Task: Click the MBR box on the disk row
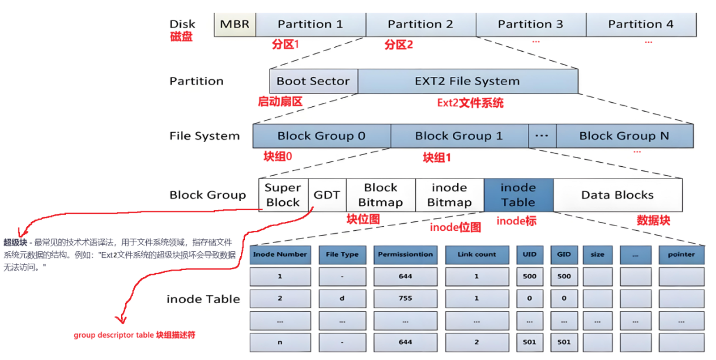point(235,25)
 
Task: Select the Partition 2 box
point(421,25)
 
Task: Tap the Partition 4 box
point(641,25)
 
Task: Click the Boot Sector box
point(313,82)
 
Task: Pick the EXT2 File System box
point(468,82)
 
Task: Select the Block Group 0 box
point(321,136)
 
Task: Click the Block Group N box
point(624,136)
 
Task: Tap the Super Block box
point(283,195)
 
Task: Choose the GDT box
point(327,195)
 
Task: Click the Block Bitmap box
point(381,195)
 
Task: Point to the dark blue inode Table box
point(518,195)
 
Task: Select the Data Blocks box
point(617,195)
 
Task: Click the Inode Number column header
point(280,255)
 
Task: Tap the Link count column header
point(476,255)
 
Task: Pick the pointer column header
point(681,255)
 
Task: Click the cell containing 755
point(405,298)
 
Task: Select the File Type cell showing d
point(342,298)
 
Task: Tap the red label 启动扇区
point(280,102)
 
